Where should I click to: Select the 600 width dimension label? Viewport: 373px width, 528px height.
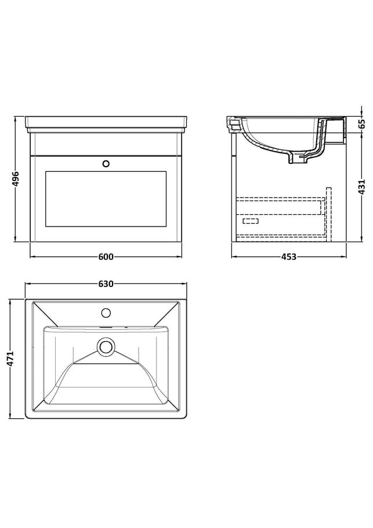tap(106, 257)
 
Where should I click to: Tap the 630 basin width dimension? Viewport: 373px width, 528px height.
tap(106, 284)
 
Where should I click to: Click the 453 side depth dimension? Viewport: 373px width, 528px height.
tap(289, 257)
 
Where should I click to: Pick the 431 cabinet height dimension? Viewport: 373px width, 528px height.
tap(361, 187)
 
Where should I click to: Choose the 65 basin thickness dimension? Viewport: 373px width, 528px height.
tap(361, 124)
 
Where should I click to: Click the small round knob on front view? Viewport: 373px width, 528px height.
tap(106, 164)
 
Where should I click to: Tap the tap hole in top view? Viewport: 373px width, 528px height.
tap(106, 313)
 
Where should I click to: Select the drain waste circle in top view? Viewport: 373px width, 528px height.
tap(106, 346)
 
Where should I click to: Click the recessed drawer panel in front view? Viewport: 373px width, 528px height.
tap(106, 199)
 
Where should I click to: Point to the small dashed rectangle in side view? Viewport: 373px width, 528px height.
tap(251, 221)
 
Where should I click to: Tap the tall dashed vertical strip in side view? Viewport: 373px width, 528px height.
tap(329, 214)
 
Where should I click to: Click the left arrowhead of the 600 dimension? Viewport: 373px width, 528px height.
tap(32, 257)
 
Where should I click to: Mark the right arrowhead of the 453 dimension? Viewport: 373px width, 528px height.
tap(344, 257)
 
